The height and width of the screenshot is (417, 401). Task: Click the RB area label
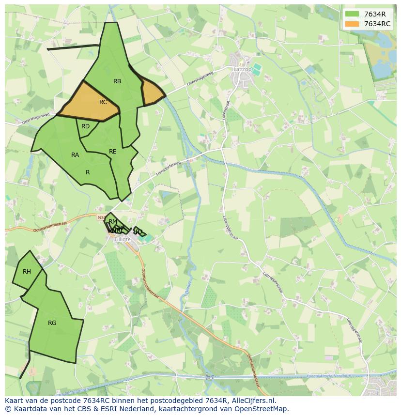coord(117,81)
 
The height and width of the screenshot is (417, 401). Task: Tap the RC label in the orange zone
coord(103,102)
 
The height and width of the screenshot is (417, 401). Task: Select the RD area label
coord(85,126)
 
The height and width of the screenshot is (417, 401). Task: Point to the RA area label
coord(75,155)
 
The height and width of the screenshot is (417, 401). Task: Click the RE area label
coord(113,152)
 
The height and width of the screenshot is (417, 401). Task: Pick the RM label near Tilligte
coord(113,222)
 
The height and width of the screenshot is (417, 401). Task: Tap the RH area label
coord(27,272)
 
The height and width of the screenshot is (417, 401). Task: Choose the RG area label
coord(52,323)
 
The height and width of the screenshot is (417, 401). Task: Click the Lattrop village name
coord(243,69)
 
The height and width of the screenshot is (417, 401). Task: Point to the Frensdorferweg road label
coord(168,168)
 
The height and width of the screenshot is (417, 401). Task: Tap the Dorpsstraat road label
coord(225,109)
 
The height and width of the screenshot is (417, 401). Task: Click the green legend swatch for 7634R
coord(352,14)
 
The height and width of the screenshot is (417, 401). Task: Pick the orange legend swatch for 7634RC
coord(352,24)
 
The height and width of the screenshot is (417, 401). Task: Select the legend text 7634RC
coord(377,24)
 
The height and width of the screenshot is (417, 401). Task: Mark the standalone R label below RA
coord(88,172)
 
